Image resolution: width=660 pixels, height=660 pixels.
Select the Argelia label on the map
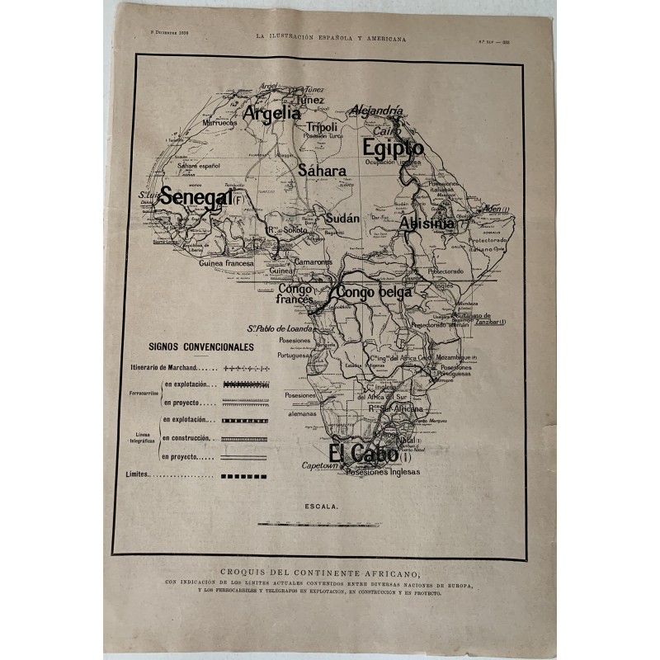271,114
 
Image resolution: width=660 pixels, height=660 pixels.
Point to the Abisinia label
427,224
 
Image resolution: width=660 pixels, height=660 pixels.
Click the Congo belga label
374,292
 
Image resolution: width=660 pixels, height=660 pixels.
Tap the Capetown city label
323,466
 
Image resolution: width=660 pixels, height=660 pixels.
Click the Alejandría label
376,110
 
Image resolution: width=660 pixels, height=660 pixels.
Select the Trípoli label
323,127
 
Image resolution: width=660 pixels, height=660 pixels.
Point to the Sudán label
342,219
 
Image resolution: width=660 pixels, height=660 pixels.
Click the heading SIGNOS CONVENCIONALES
201,347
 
